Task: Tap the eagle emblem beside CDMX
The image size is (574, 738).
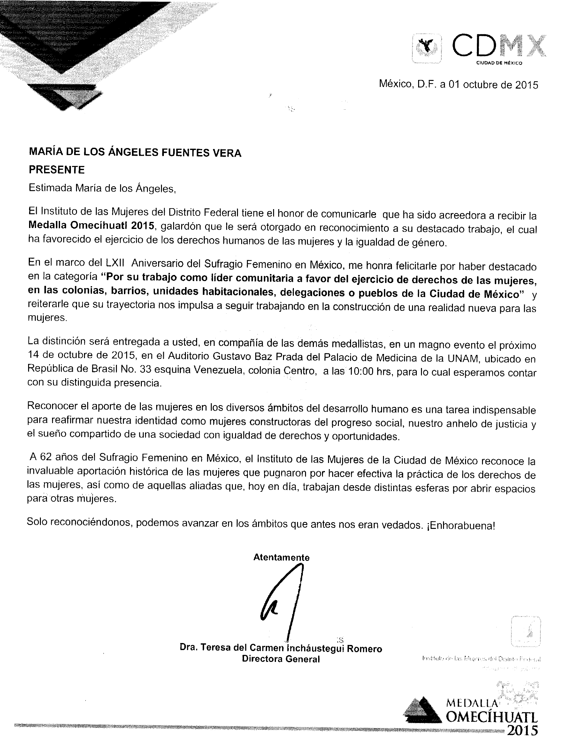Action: tap(426, 48)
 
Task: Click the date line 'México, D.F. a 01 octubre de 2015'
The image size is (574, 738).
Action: tap(458, 84)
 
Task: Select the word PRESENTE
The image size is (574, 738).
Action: tap(57, 170)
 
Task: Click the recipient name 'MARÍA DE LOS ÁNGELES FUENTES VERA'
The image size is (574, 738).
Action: tap(135, 153)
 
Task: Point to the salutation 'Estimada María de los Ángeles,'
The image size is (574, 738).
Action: tap(102, 188)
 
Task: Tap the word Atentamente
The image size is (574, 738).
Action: tap(281, 557)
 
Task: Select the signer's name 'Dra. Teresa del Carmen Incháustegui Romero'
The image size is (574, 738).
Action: tap(281, 648)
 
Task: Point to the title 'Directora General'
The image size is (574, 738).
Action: tap(281, 659)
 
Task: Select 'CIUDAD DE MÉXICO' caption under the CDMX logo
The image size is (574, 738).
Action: tap(499, 63)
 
